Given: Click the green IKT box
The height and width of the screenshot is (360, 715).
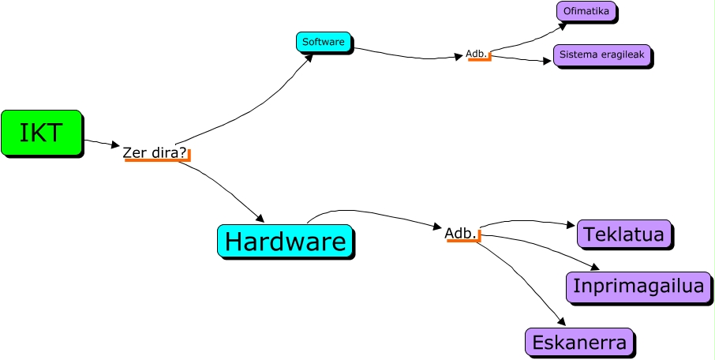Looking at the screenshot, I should pos(41,132).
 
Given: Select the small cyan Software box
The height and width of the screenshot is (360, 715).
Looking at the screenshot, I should pos(324,42).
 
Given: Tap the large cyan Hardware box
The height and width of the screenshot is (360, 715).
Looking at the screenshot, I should pos(284,241).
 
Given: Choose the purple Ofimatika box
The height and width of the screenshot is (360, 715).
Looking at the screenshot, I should pos(586,11).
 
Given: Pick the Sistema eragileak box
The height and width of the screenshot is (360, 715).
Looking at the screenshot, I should pos(602,54).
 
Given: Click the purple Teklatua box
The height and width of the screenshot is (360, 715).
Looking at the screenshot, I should pos(624,234).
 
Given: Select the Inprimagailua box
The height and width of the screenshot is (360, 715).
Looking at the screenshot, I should pos(638,286).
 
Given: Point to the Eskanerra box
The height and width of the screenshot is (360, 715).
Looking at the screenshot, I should pos(579,342).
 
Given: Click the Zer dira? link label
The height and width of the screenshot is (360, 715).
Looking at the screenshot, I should pos(155,152).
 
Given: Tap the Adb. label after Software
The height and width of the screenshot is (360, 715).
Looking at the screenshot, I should pos(476,54).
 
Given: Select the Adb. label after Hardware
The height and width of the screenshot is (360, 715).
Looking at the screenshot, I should pos(461,233).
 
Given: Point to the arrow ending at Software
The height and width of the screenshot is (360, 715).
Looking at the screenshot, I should pos(253,107).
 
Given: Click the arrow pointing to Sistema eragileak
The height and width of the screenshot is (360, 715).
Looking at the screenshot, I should pos(521,59).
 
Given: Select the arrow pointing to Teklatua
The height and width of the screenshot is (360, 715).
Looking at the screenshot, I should pos(529,221).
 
